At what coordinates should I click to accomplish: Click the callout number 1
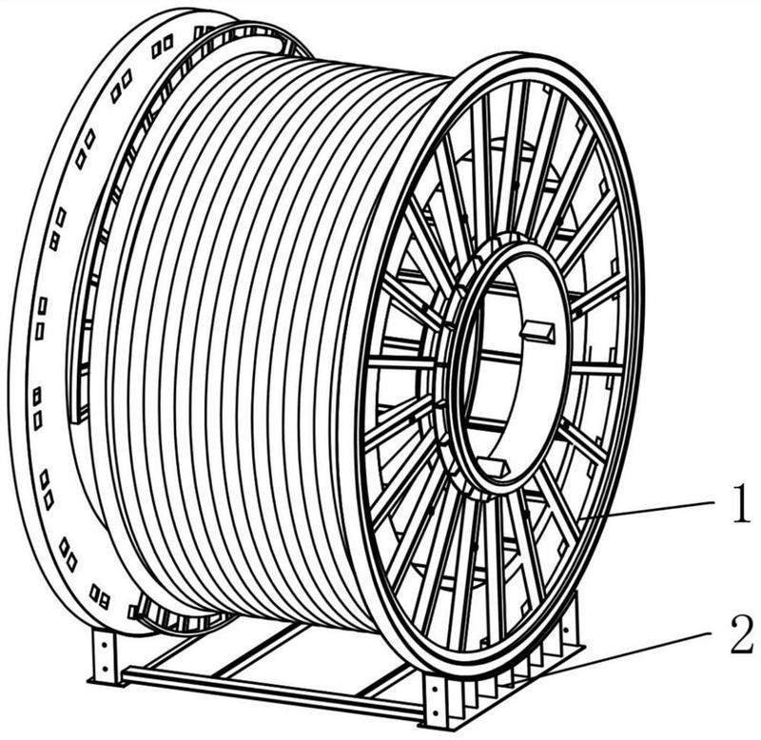tap(740, 505)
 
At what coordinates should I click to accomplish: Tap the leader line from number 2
tap(627, 653)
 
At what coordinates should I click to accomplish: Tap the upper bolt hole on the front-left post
tap(104, 647)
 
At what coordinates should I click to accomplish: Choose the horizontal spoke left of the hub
tap(403, 362)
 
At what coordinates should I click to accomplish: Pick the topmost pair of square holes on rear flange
tap(162, 47)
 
